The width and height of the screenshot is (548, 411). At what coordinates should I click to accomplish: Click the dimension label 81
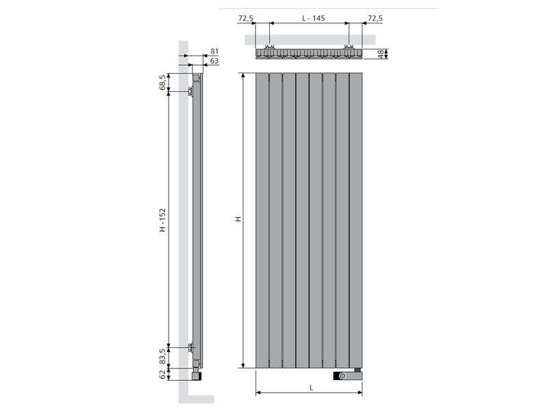(214, 51)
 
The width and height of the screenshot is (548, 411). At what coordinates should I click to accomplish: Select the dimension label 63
(214, 61)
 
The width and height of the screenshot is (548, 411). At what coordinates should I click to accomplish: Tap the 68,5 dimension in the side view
(162, 82)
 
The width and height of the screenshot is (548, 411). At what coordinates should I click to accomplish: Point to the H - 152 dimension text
(162, 220)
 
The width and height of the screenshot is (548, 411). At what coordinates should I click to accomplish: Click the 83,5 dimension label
(162, 356)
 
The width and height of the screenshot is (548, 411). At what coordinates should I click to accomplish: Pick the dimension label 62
(162, 374)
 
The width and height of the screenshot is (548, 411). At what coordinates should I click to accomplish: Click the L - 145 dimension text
(314, 18)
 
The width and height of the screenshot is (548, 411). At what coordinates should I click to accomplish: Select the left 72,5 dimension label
(246, 18)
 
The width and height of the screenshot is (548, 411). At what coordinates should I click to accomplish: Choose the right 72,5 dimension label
(375, 18)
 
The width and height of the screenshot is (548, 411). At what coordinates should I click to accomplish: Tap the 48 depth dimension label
(380, 54)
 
